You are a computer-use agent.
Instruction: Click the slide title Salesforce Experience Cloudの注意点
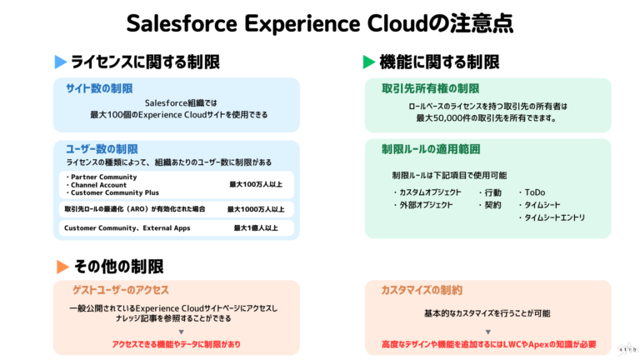pos(319,22)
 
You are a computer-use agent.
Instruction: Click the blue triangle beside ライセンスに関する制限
pos(60,62)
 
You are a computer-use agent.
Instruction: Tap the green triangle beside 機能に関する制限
pos(368,62)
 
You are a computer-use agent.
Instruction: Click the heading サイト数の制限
pos(99,87)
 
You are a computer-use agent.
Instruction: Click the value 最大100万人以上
pos(256,183)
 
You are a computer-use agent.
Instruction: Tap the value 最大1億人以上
pos(256,227)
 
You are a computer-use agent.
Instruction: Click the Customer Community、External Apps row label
pos(127,227)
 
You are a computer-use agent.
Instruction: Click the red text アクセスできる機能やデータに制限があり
pos(176,344)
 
